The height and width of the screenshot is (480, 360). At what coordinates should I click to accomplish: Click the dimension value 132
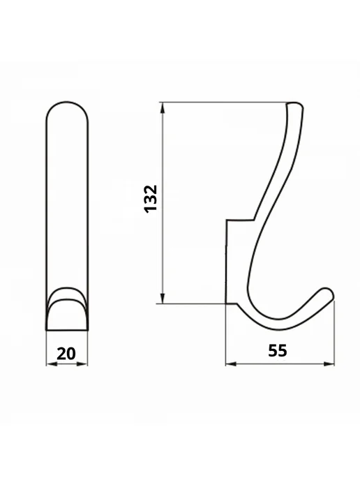pyautogui.click(x=150, y=199)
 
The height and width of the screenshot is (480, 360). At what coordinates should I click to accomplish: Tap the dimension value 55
pyautogui.click(x=278, y=350)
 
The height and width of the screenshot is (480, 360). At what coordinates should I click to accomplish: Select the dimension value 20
pyautogui.click(x=66, y=354)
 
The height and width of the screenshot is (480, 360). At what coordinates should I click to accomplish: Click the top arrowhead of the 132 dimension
pyautogui.click(x=163, y=107)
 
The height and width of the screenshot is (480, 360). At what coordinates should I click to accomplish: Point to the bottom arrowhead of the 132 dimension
pyautogui.click(x=163, y=298)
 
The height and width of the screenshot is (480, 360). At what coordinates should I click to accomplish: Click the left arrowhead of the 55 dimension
pyautogui.click(x=231, y=363)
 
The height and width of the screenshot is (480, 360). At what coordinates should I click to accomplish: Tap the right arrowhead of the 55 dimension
pyautogui.click(x=329, y=363)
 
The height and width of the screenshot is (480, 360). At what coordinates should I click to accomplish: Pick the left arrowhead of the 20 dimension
pyautogui.click(x=52, y=364)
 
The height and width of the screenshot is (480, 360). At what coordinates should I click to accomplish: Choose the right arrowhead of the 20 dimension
pyautogui.click(x=82, y=364)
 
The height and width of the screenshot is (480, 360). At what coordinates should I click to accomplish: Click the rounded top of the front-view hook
pyautogui.click(x=67, y=103)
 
